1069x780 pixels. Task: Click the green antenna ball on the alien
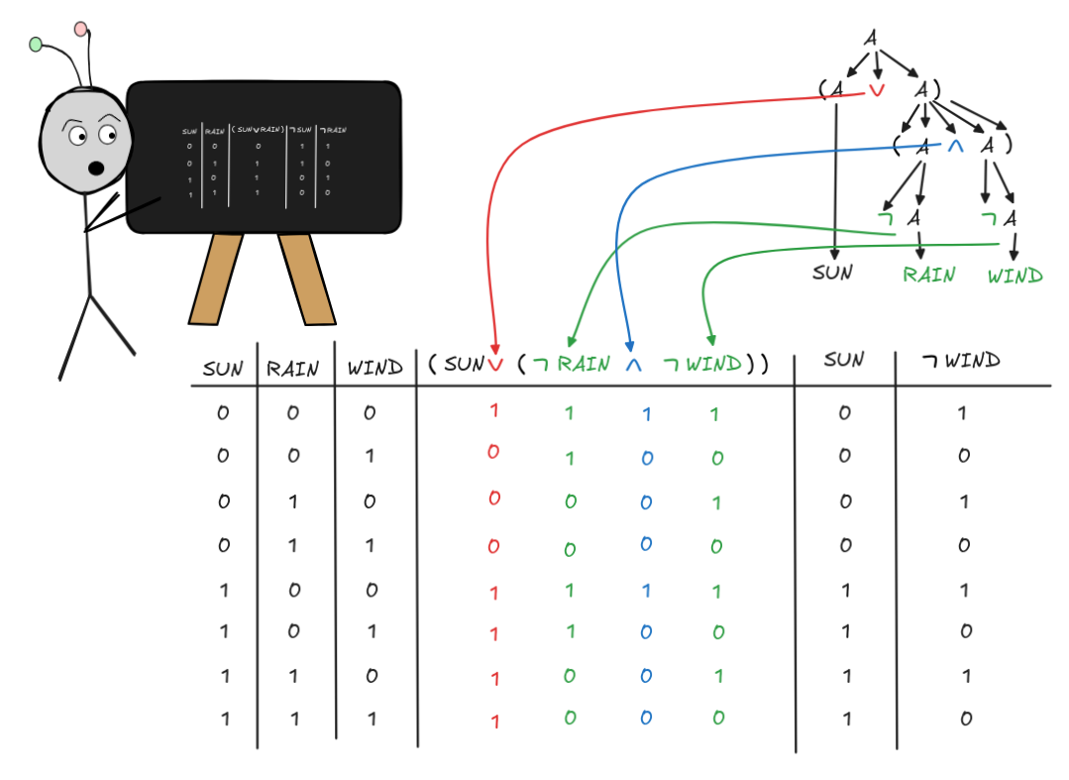(37, 44)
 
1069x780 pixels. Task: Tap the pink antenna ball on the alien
(81, 29)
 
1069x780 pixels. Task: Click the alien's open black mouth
(96, 167)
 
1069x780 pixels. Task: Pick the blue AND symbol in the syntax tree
(955, 146)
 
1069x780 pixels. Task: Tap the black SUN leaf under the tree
(832, 272)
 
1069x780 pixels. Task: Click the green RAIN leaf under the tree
(928, 275)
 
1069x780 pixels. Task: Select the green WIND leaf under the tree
(1015, 275)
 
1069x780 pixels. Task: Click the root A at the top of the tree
(871, 38)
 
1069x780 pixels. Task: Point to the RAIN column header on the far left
(293, 369)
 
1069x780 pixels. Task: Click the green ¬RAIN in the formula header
(572, 364)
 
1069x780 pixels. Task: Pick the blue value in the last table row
(646, 719)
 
